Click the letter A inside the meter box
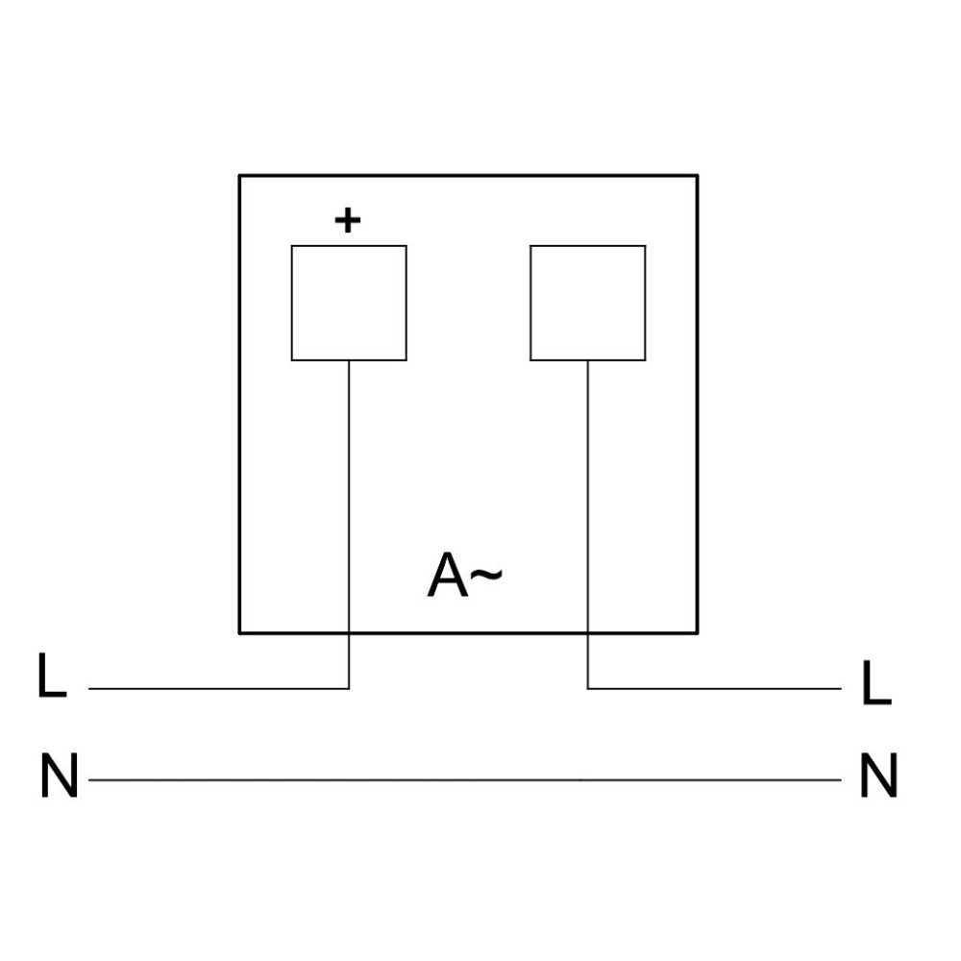click(448, 575)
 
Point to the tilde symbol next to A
click(486, 575)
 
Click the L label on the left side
click(52, 675)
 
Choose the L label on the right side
click(876, 682)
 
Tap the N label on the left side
click(59, 775)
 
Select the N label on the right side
click(879, 775)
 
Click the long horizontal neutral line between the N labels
click(465, 780)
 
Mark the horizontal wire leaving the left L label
click(219, 688)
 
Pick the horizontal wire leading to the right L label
click(715, 688)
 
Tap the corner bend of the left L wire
click(349, 688)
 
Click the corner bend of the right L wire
click(588, 688)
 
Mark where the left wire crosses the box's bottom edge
click(349, 632)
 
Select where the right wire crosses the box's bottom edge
click(588, 632)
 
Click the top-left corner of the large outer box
click(239, 175)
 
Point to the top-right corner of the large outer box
click(698, 175)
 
